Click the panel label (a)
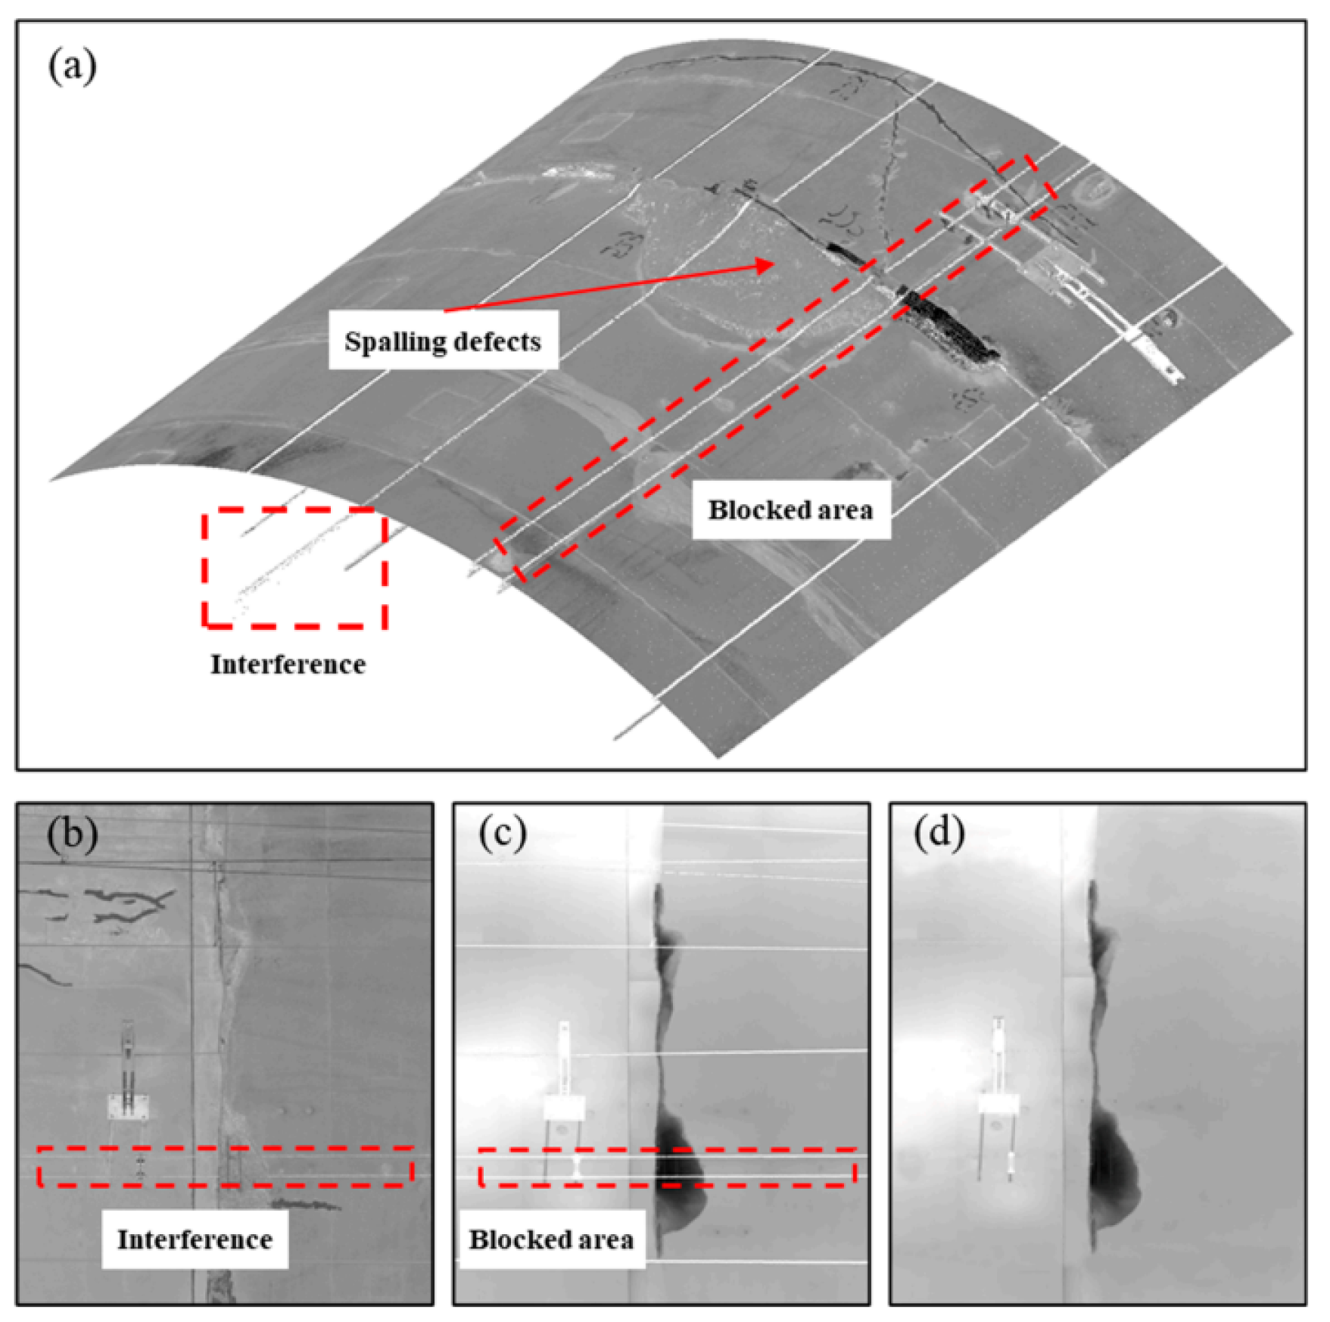click(x=73, y=66)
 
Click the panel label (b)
click(x=73, y=833)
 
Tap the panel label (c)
click(x=503, y=833)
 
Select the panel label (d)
click(x=939, y=833)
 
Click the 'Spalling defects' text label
click(x=443, y=341)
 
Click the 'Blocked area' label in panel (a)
click(x=790, y=510)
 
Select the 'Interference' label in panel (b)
click(x=195, y=1239)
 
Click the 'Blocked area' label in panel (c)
click(x=551, y=1239)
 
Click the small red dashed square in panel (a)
click(x=294, y=567)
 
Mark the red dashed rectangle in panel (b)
click(x=225, y=1166)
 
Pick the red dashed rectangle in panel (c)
click(x=666, y=1167)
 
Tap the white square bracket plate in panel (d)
click(x=999, y=1104)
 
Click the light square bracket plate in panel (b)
click(x=129, y=1107)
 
